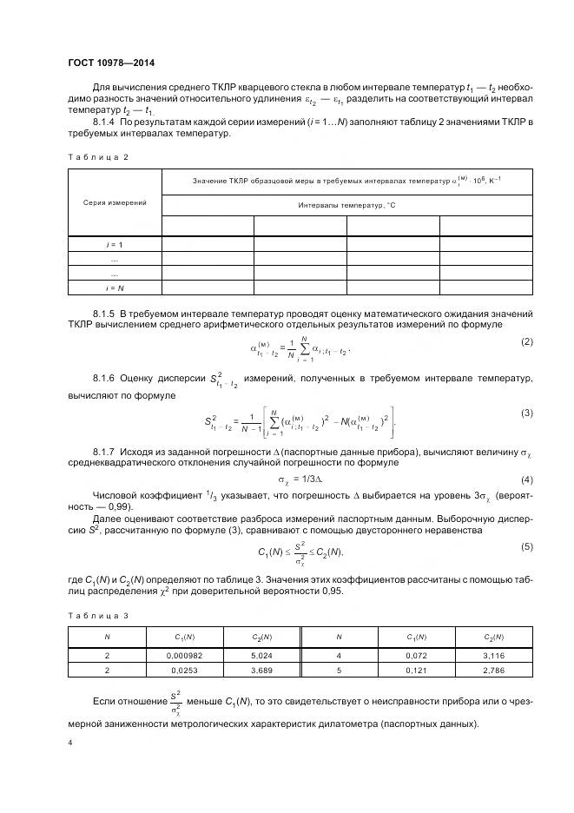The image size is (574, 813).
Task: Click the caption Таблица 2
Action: click(97, 156)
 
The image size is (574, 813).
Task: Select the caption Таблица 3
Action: click(97, 616)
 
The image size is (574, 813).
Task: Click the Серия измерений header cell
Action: click(115, 202)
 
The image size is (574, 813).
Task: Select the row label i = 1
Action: click(115, 245)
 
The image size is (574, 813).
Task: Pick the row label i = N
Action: click(115, 287)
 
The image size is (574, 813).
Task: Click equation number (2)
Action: click(526, 341)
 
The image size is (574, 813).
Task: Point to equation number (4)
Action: click(526, 480)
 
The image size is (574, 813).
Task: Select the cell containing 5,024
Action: click(261, 656)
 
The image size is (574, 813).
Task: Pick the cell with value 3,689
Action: click(261, 671)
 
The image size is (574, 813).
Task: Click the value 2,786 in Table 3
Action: click(494, 671)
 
